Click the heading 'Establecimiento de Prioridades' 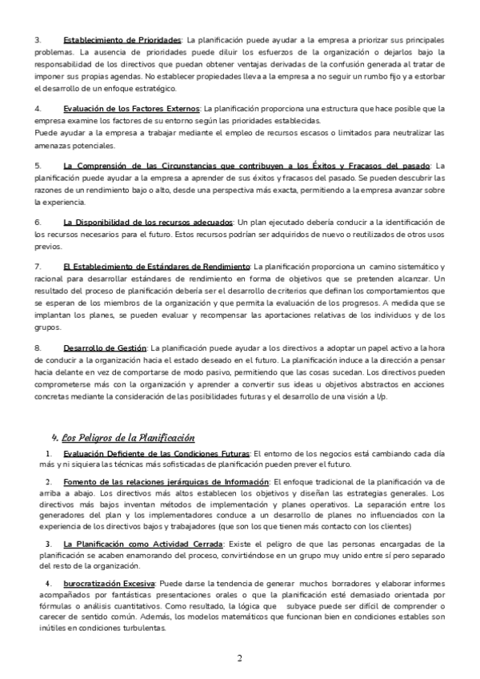coord(122,39)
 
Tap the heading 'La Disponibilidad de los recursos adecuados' coord(148,222)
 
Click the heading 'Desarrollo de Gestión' coord(105,348)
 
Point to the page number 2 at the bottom coord(239,658)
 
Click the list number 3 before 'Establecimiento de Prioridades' coord(38,39)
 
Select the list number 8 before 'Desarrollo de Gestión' coord(38,348)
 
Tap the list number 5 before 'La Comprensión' coord(38,165)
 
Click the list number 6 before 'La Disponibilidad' coord(38,222)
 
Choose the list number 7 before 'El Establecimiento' coord(38,266)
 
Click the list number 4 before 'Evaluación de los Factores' coord(38,108)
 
